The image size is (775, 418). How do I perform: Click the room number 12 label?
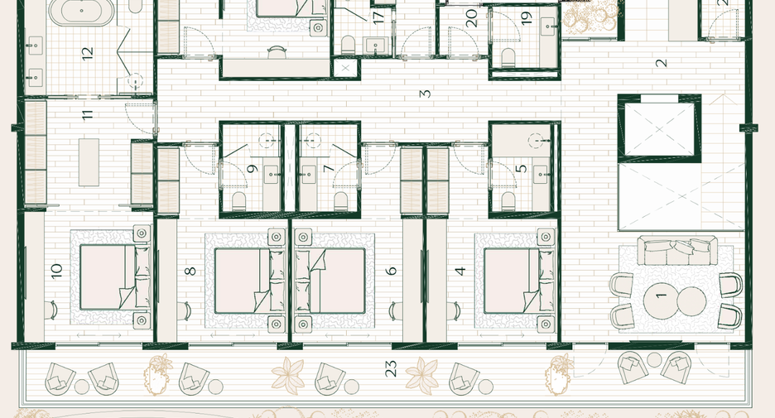tap(88, 53)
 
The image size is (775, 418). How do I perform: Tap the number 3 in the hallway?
tap(425, 94)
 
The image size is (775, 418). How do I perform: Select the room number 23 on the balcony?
tap(391, 368)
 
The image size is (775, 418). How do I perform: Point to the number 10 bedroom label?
tap(56, 271)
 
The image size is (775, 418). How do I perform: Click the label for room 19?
tap(527, 17)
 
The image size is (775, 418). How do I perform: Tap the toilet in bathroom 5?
tap(508, 200)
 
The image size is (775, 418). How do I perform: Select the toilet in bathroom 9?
tap(239, 200)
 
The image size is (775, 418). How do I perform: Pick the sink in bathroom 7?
tap(309, 175)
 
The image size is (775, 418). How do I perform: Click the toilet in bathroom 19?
tap(508, 57)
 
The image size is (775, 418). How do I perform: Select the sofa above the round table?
tap(677, 251)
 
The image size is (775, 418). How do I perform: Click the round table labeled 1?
tap(661, 301)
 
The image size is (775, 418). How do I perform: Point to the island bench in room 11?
tap(89, 162)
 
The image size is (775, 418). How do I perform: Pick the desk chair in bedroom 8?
tap(185, 310)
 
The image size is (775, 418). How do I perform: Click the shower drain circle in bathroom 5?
tap(536, 141)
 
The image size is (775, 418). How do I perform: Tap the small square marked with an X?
tap(345, 68)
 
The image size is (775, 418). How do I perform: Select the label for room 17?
tap(378, 17)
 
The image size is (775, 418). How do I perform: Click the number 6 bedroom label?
tap(392, 271)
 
